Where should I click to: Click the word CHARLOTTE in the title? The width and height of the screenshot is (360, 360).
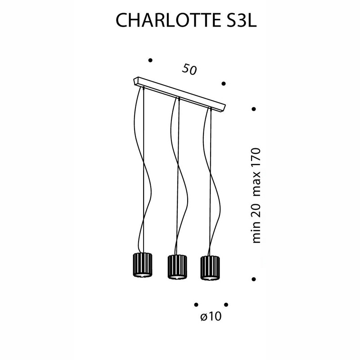click(x=167, y=20)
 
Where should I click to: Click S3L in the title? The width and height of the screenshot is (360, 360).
click(x=240, y=20)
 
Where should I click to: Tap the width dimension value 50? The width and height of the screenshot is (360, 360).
click(x=189, y=69)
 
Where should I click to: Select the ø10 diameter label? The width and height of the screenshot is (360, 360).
click(x=211, y=317)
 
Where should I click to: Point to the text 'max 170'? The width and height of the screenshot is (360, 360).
click(x=256, y=172)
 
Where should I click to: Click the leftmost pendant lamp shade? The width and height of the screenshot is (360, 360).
click(x=143, y=265)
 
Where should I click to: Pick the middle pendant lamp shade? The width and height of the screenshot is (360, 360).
click(x=177, y=267)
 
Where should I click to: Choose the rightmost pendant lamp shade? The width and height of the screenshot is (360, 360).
click(x=210, y=267)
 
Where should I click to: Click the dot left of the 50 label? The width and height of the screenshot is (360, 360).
click(x=150, y=60)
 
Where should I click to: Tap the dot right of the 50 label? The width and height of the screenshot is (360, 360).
click(x=224, y=84)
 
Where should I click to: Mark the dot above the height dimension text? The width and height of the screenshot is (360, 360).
click(x=254, y=109)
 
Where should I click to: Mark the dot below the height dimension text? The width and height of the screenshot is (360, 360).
click(x=254, y=279)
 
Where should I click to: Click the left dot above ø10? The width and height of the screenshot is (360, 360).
click(x=196, y=305)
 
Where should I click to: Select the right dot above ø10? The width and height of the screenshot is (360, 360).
click(x=226, y=305)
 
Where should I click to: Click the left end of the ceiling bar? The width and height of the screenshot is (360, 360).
click(x=134, y=81)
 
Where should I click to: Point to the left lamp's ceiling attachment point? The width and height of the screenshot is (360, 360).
click(x=143, y=88)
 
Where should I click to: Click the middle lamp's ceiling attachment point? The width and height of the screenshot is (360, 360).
click(x=179, y=99)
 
